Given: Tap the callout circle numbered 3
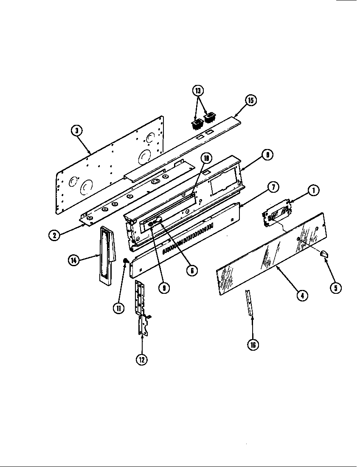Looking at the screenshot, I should point(76,131).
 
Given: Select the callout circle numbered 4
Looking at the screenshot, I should point(302,295).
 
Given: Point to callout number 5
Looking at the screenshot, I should point(335,287).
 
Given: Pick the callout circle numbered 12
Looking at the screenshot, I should point(141,359).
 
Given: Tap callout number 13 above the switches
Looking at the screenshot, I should point(198,90).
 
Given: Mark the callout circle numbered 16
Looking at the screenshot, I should point(253,344).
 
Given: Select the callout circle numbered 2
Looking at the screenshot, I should point(53,234).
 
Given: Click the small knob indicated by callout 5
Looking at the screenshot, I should point(324,254).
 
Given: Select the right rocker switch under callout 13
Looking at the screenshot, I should point(210,117).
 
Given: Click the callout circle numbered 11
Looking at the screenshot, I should point(119,307).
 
